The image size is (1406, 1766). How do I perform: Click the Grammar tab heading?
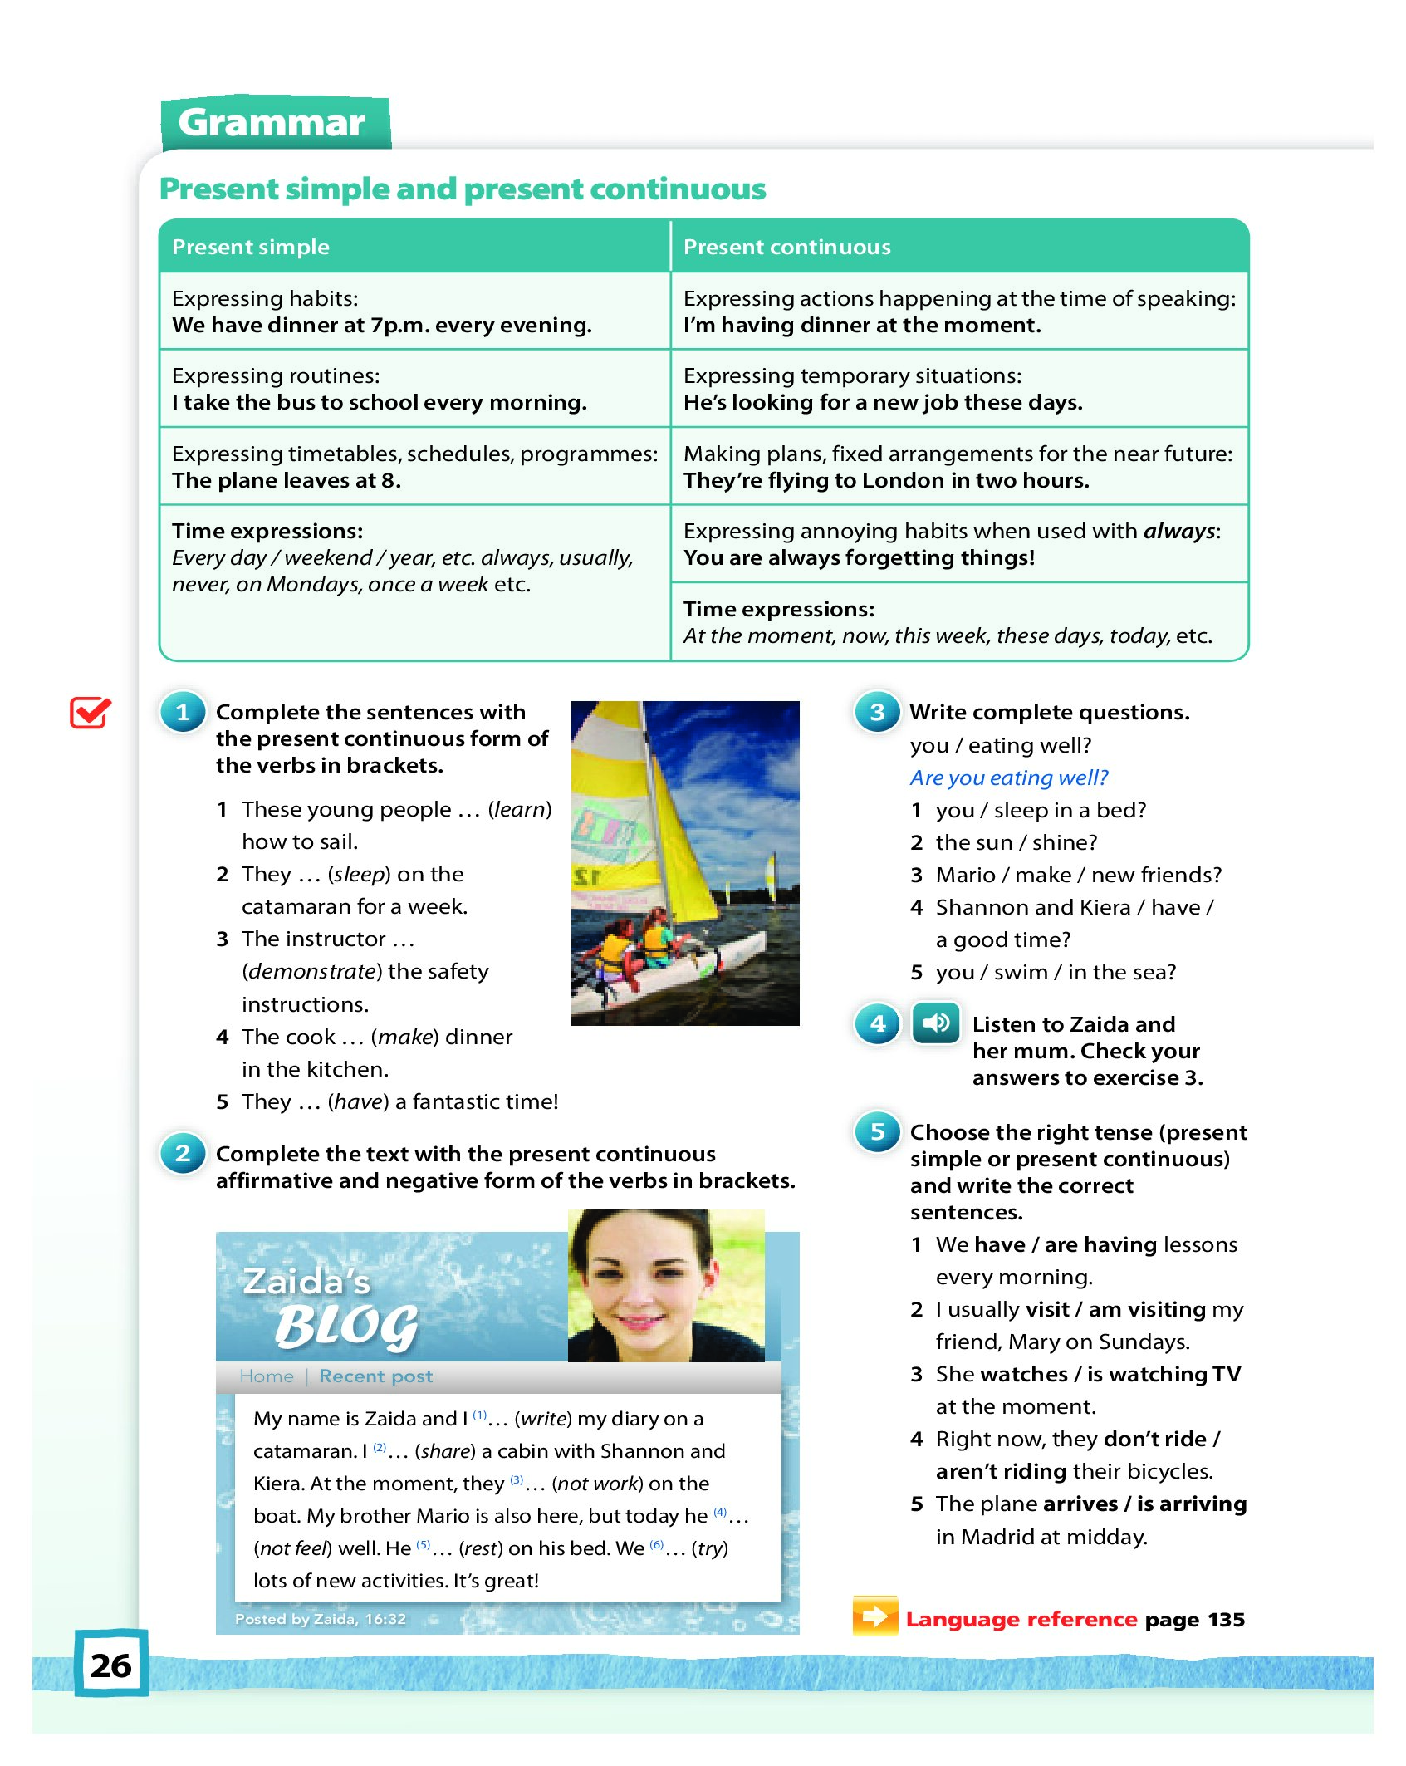pyautogui.click(x=272, y=123)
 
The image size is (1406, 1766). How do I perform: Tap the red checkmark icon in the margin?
pyautogui.click(x=90, y=712)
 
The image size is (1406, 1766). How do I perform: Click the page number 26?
pyautogui.click(x=111, y=1665)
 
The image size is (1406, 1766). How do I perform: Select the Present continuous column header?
pyautogui.click(x=786, y=247)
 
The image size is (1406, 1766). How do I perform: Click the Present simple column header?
pyautogui.click(x=250, y=247)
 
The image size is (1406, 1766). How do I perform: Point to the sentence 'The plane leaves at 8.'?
pyautogui.click(x=286, y=481)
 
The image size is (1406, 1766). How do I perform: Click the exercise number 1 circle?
pyautogui.click(x=183, y=713)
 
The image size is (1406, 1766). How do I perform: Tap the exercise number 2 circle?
pyautogui.click(x=183, y=1154)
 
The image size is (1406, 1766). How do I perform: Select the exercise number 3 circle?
pyautogui.click(x=877, y=713)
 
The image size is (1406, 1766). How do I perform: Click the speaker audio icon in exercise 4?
pyautogui.click(x=935, y=1023)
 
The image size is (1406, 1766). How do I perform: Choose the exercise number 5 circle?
pyautogui.click(x=877, y=1132)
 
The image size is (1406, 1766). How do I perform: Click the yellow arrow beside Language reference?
pyautogui.click(x=874, y=1616)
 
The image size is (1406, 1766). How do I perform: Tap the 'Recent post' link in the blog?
pyautogui.click(x=375, y=1376)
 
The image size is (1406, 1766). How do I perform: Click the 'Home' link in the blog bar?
pyautogui.click(x=266, y=1376)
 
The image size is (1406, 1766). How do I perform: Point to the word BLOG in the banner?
pyautogui.click(x=346, y=1326)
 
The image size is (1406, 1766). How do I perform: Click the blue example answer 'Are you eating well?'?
pyautogui.click(x=1008, y=778)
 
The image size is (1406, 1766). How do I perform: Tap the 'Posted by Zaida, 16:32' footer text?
pyautogui.click(x=320, y=1619)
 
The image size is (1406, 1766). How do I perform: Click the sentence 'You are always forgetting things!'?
pyautogui.click(x=859, y=558)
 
